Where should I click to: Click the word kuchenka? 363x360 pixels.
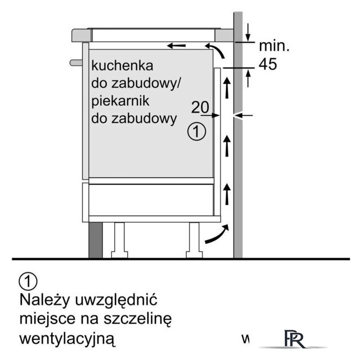point(122,65)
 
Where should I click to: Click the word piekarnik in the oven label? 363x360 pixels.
point(120,102)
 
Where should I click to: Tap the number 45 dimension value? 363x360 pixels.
point(268,64)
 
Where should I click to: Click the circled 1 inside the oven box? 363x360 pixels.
point(196,132)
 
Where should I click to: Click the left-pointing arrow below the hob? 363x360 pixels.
point(176,46)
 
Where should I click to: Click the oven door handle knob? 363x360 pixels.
point(76,62)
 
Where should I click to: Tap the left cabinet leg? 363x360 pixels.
point(119,240)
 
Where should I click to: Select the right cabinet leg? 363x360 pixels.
point(194,240)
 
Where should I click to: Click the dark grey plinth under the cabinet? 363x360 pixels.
point(96,240)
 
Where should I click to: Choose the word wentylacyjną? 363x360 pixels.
point(68,339)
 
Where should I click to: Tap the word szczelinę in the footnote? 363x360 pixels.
point(137,319)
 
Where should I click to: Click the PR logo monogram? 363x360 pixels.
point(294,339)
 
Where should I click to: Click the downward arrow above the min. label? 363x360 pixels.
point(248,32)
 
